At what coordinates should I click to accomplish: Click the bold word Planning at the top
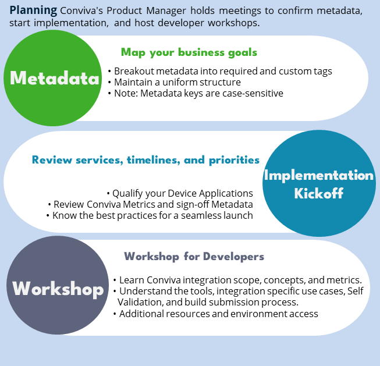[x=33, y=10]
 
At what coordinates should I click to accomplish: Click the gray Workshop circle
[x=58, y=288]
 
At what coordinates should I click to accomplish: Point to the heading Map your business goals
[x=189, y=52]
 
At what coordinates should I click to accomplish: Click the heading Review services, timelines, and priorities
[x=145, y=159]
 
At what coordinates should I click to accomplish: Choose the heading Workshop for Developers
[x=194, y=256]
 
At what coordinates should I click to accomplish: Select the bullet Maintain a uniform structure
[x=177, y=82]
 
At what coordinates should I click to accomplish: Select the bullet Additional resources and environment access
[x=215, y=314]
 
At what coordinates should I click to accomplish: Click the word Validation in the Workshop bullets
[x=137, y=302]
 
